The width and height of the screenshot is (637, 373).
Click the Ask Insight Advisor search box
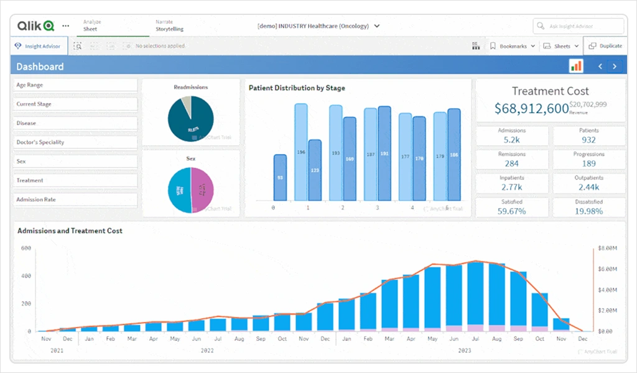tap(579, 26)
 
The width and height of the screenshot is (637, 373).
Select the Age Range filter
tap(75, 85)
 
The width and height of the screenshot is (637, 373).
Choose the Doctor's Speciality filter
tap(75, 142)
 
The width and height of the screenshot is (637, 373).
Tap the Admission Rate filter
tap(75, 200)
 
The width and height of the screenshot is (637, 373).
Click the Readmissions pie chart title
tap(191, 88)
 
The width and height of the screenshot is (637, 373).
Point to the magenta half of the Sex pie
tap(203, 190)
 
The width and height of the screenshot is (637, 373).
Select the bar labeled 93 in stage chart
tap(280, 178)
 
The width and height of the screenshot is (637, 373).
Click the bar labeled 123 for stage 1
tap(315, 170)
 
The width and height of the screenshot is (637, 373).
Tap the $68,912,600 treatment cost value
tap(531, 108)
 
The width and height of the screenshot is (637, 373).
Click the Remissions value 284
tap(512, 163)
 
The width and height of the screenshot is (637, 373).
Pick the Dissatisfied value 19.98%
tap(588, 211)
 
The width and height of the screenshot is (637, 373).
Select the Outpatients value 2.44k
tap(588, 187)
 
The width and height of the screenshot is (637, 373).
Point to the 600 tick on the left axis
tap(26, 248)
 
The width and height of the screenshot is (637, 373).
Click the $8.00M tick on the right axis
tap(607, 248)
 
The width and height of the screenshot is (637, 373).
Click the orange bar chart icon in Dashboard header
tap(576, 66)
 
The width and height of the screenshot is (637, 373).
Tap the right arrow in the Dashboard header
tap(615, 67)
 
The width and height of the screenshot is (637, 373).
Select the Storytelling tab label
tap(169, 29)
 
